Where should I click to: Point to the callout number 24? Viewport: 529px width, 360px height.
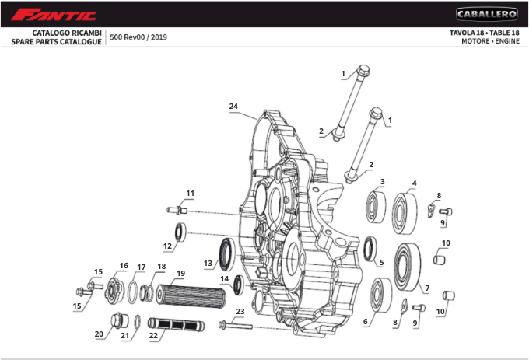[x=233, y=106]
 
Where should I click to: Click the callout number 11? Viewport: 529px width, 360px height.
[x=190, y=192]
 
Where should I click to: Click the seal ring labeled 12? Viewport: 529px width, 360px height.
[x=180, y=232]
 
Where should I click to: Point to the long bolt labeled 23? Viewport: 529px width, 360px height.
[x=234, y=323]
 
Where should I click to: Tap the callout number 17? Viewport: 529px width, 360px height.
[x=142, y=267]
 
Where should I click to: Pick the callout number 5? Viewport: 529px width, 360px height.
[x=381, y=262]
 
